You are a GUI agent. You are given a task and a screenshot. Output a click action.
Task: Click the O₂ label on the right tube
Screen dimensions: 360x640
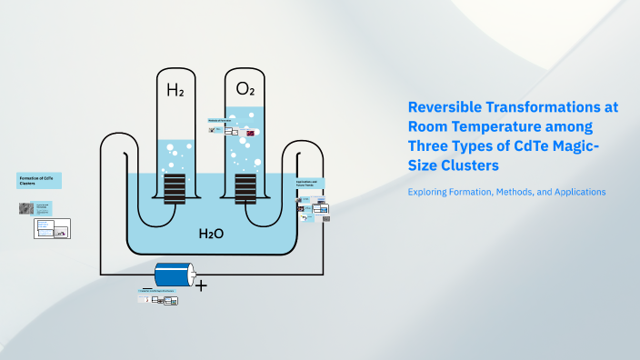click(x=245, y=89)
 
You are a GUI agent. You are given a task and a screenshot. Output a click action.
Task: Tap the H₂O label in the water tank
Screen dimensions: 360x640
click(x=211, y=234)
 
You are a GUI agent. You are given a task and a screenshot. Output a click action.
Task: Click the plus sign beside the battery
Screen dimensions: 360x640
click(x=201, y=285)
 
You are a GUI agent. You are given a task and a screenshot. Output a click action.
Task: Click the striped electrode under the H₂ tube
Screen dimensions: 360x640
click(x=174, y=190)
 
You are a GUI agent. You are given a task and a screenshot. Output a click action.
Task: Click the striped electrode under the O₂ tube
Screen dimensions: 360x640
click(x=245, y=190)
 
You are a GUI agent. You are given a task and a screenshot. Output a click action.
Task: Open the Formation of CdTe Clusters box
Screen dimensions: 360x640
click(x=39, y=179)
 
